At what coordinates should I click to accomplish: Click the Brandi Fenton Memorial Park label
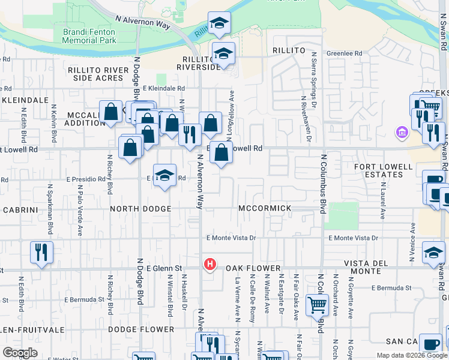(89, 36)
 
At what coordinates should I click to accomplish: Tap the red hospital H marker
(209, 263)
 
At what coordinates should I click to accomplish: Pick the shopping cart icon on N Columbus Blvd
(317, 304)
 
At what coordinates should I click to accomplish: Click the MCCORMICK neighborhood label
(265, 208)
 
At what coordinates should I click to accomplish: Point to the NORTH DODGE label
(140, 209)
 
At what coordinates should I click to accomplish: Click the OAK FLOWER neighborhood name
(253, 268)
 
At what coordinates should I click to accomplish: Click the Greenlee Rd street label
(345, 53)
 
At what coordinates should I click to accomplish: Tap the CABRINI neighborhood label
(20, 210)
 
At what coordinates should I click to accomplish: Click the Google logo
(20, 353)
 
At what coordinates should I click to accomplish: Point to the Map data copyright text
(411, 355)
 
